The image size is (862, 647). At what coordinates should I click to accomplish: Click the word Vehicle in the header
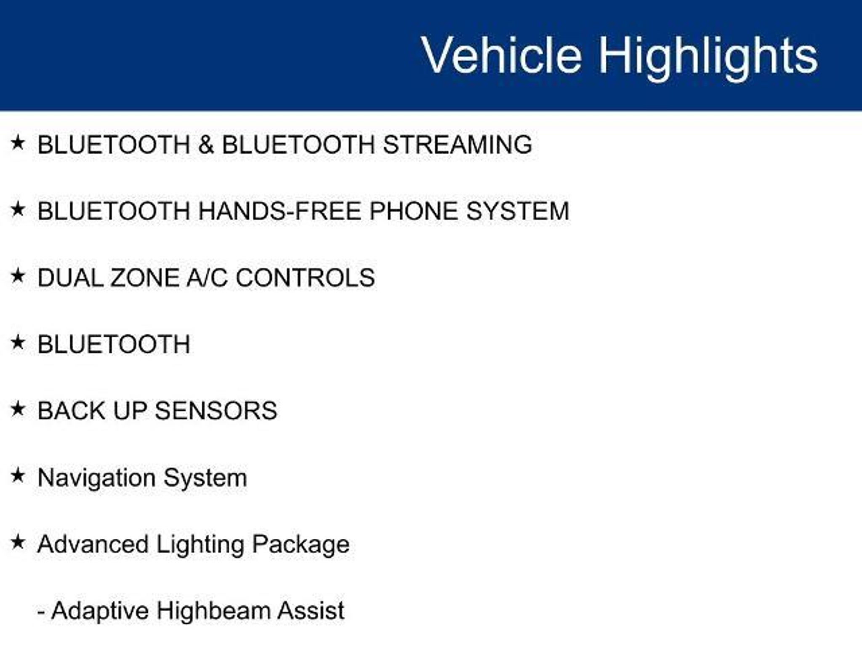point(502,55)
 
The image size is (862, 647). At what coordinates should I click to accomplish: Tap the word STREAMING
point(458,144)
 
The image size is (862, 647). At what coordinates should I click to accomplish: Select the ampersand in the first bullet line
point(206,144)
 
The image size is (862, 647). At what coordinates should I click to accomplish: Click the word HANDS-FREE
point(279,211)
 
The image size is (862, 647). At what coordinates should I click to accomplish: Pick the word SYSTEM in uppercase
point(518,211)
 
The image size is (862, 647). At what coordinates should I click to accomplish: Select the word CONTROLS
point(305,278)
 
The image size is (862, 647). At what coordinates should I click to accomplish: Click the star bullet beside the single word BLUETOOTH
point(18,342)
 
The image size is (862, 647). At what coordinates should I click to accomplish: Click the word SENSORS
point(216,411)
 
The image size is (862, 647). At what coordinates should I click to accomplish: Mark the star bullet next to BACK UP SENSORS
point(18,409)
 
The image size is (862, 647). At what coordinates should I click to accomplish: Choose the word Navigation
point(96,479)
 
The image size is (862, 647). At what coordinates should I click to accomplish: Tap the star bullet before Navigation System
point(18,476)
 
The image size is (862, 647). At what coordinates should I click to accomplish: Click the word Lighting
point(200,545)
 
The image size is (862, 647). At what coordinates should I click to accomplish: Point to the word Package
point(301,545)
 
